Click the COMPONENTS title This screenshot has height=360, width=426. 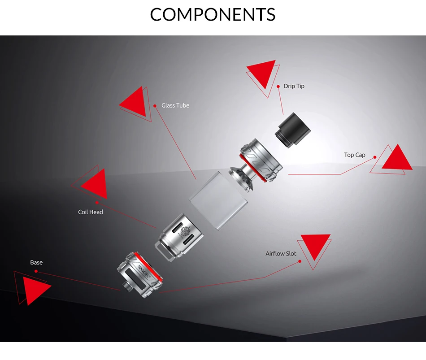[x=213, y=14]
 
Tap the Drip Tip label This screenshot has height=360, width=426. [x=294, y=86]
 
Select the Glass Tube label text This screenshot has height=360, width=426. [x=175, y=105]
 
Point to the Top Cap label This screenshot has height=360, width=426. [x=355, y=155]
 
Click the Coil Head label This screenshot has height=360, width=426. [x=91, y=212]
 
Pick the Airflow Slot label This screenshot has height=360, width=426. [x=281, y=254]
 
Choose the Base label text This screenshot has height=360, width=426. [x=36, y=262]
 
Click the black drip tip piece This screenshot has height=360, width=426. [x=292, y=129]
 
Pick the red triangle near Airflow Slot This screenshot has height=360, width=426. [x=315, y=246]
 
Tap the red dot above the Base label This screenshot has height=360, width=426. [x=36, y=271]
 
